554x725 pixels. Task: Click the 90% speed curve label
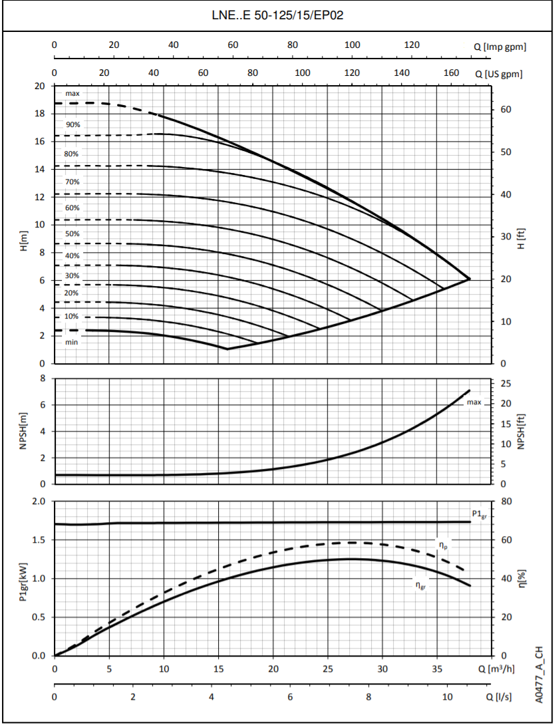pyautogui.click(x=72, y=125)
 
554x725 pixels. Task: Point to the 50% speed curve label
pyautogui.click(x=72, y=234)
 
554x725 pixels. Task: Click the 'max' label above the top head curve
pyautogui.click(x=72, y=94)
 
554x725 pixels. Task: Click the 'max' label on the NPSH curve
pyautogui.click(x=474, y=402)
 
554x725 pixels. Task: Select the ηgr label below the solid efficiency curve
pyautogui.click(x=420, y=585)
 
